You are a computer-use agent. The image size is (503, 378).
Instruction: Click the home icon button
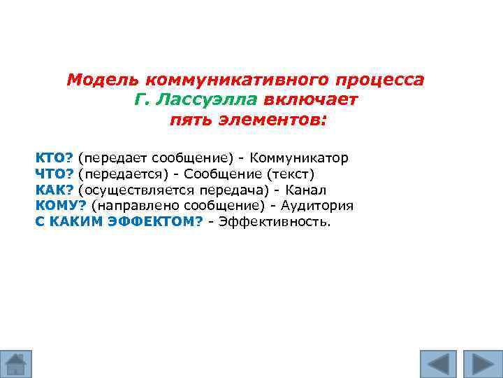[x=16, y=363]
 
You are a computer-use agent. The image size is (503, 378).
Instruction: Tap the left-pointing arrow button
[x=438, y=363]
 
